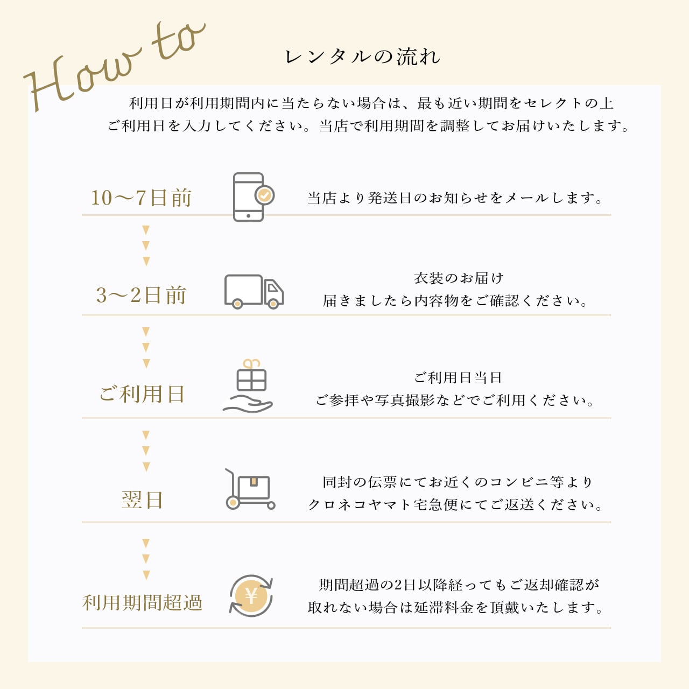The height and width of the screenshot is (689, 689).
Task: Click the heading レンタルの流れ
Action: point(362,58)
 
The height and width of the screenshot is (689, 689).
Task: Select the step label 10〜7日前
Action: point(141,198)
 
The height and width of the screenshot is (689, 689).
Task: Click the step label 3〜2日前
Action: point(141,296)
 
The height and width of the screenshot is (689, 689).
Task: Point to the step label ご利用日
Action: point(142,394)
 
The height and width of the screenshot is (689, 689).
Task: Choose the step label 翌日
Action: point(142,500)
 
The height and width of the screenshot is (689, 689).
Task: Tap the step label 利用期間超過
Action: point(142,603)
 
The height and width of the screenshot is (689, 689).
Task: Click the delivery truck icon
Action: point(254,291)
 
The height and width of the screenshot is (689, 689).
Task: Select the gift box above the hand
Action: point(251,379)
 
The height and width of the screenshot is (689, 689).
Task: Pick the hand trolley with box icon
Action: point(250,489)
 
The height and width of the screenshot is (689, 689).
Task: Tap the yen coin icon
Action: point(251,596)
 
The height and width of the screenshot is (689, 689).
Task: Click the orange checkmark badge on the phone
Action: point(265,195)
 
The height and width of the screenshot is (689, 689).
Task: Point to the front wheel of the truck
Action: point(273,304)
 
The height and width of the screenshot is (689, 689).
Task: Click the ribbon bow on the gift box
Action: point(251,364)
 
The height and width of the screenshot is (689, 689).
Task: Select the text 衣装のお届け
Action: point(459,278)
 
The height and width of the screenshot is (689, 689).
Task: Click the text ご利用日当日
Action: point(459,377)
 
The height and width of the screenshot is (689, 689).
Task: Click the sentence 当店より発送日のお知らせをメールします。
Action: point(455,198)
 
